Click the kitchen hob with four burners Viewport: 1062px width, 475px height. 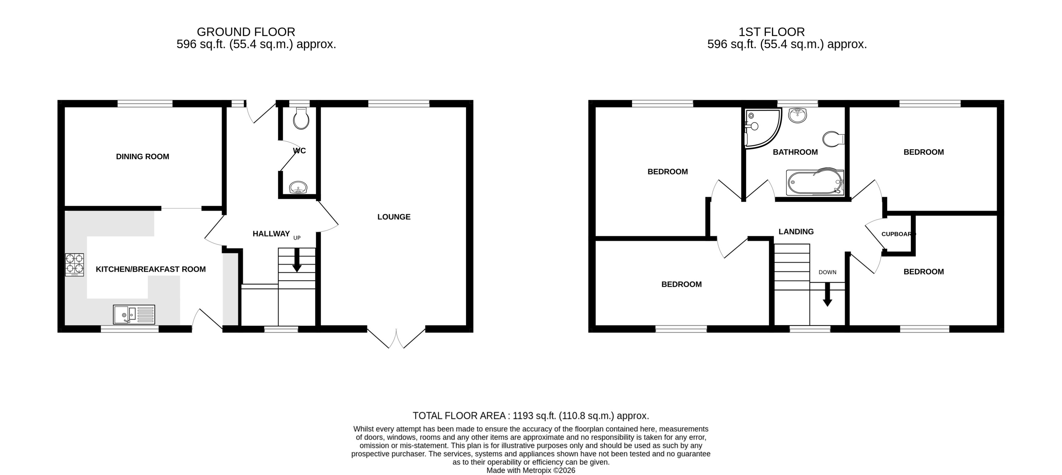75,264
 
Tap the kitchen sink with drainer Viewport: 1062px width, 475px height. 134,314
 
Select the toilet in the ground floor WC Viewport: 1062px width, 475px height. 301,118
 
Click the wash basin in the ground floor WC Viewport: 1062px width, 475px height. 298,187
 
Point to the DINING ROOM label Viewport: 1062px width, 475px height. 142,157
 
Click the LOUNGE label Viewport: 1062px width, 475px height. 394,217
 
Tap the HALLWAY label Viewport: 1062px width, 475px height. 271,234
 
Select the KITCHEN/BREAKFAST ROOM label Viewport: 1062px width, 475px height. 151,269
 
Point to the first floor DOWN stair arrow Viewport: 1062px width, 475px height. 827,295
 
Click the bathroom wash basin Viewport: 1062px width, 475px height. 797,115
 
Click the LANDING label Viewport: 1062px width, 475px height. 796,231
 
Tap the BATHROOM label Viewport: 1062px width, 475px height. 795,152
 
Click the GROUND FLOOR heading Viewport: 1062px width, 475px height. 246,32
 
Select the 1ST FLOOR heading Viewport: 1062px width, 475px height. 771,32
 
